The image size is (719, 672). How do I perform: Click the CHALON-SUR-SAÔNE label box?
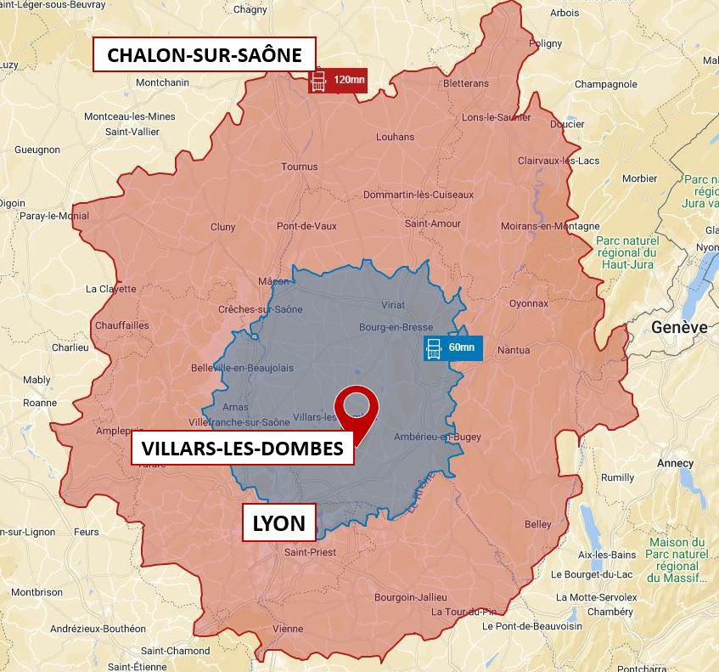tap(204, 55)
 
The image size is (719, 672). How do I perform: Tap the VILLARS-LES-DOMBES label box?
tap(243, 448)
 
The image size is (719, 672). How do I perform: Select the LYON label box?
tap(279, 522)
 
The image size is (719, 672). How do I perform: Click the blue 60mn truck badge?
tap(453, 348)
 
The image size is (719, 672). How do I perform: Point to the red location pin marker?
tap(357, 409)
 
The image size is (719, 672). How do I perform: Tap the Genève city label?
tap(679, 327)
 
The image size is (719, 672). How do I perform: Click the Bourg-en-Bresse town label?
tap(396, 327)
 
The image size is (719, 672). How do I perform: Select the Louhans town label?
tap(396, 137)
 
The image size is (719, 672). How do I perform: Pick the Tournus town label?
tap(299, 167)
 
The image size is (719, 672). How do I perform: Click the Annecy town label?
tap(675, 464)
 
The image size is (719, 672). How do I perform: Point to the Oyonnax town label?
tap(528, 303)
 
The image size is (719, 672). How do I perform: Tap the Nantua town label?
tap(513, 350)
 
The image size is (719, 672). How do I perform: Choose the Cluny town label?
tap(222, 227)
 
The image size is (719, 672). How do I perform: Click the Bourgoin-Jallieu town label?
tap(410, 597)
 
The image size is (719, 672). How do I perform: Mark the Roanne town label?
tap(39, 403)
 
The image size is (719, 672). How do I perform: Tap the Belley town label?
tap(537, 524)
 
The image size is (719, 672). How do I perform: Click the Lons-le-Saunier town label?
tap(497, 117)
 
